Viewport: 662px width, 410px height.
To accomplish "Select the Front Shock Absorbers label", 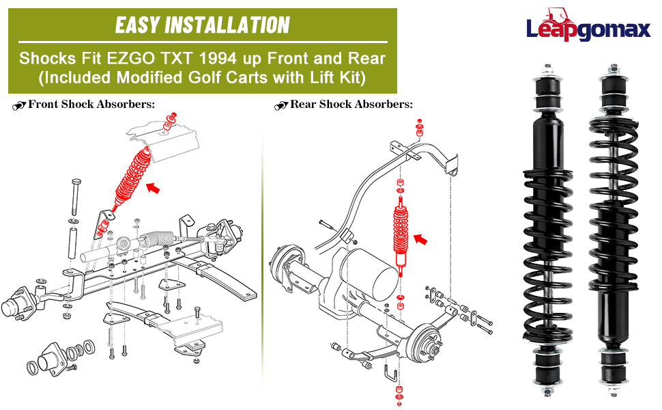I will pyautogui.click(x=91, y=105).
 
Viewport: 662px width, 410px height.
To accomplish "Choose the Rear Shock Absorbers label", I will pyautogui.click(x=351, y=105).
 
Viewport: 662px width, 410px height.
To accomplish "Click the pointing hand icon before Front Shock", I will pyautogui.click(x=18, y=105).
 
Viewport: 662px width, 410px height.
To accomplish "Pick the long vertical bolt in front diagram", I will pyautogui.click(x=74, y=198).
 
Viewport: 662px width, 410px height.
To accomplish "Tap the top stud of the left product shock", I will pyautogui.click(x=547, y=70).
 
